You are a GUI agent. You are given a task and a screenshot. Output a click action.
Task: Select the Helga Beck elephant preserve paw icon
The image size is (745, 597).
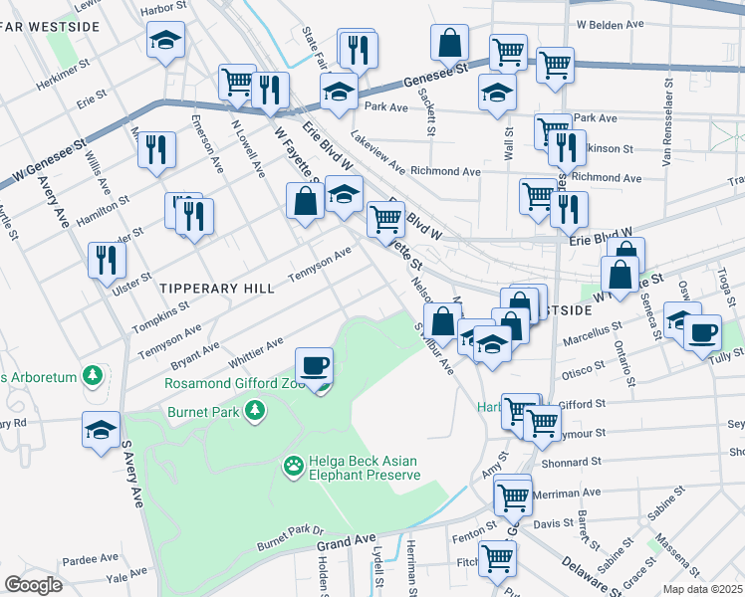click(293, 465)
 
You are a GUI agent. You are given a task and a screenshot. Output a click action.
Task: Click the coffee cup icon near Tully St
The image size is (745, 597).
click(702, 331)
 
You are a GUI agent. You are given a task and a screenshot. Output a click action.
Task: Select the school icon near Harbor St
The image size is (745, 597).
click(165, 40)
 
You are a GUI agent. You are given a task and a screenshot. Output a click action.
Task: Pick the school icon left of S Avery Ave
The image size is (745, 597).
click(101, 430)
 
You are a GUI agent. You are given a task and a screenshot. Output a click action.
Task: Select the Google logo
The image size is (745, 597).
click(33, 585)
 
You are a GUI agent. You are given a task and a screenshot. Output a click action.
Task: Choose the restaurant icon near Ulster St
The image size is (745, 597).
click(105, 260)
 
